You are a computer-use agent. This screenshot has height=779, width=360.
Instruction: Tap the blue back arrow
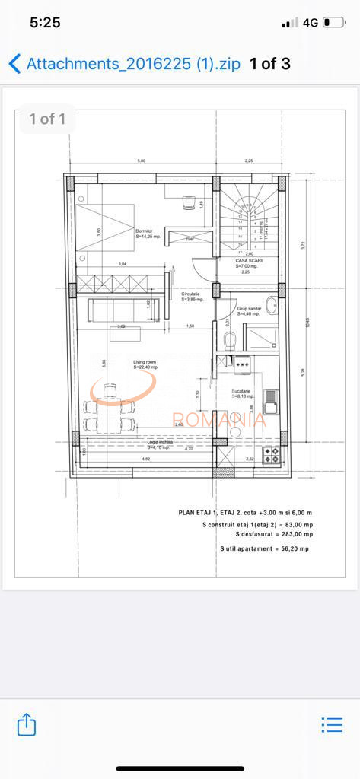pos(14,63)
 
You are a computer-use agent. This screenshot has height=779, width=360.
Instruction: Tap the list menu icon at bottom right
pos(332,724)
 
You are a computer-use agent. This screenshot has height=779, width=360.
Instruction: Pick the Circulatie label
pos(190,295)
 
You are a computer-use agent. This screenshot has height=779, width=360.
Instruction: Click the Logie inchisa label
pos(160,443)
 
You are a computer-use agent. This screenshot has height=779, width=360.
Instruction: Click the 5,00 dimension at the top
pos(141,161)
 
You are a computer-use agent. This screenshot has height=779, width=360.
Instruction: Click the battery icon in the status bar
pos(333,23)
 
